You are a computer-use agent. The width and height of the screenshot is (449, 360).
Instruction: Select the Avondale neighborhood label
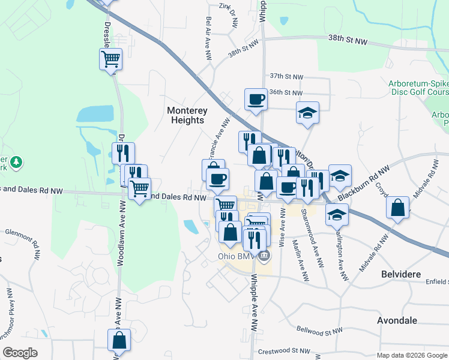click(x=397, y=320)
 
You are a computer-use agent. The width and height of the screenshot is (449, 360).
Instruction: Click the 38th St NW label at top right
click(x=347, y=40)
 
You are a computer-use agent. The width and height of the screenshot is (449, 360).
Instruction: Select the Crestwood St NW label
click(x=282, y=352)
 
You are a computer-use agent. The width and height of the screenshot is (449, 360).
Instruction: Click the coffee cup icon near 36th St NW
click(x=256, y=98)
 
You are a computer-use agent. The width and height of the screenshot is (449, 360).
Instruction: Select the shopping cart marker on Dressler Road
click(x=110, y=59)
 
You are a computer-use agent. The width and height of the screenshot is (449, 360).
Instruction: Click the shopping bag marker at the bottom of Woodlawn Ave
click(x=119, y=340)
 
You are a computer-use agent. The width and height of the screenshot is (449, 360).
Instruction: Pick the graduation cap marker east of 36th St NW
click(x=307, y=112)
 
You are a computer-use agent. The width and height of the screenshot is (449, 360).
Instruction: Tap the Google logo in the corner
click(x=20, y=353)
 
